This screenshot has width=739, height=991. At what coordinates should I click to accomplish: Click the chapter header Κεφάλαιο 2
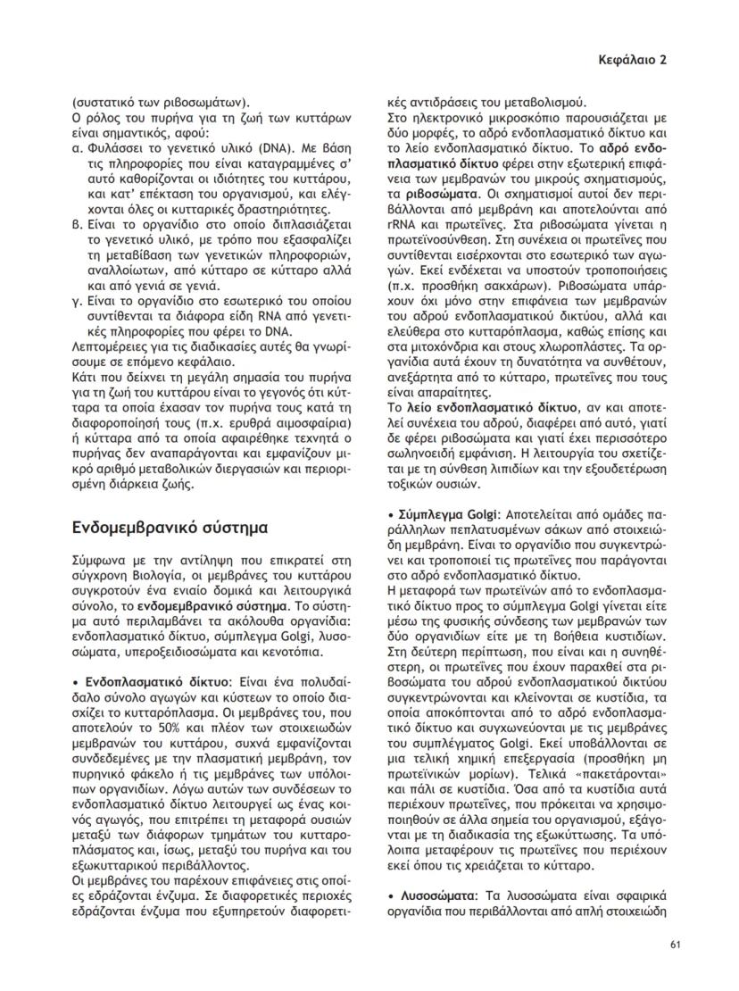(x=632, y=60)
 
